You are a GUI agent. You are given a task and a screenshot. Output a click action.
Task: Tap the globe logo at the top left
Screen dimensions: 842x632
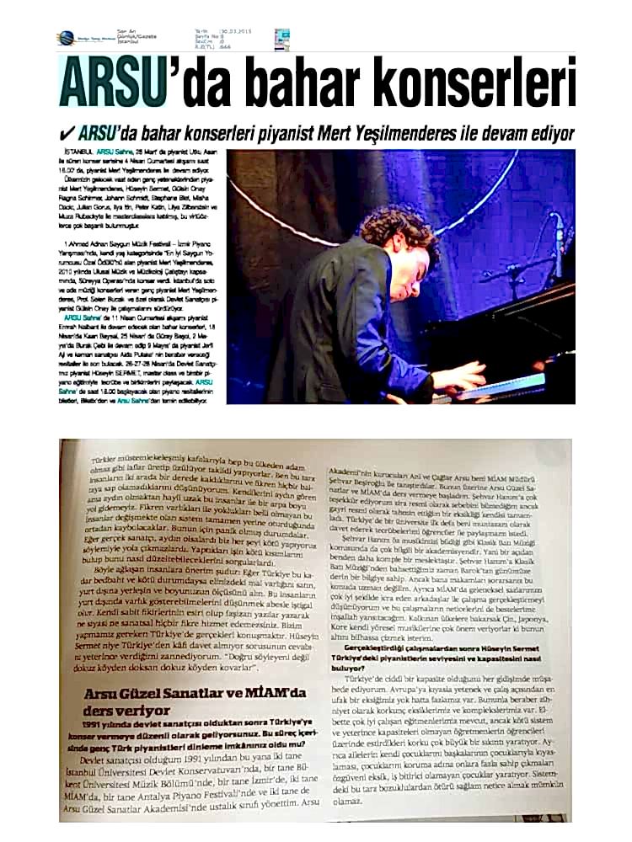pyautogui.click(x=66, y=38)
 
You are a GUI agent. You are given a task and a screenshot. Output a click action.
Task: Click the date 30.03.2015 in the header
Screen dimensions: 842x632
pyautogui.click(x=236, y=31)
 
